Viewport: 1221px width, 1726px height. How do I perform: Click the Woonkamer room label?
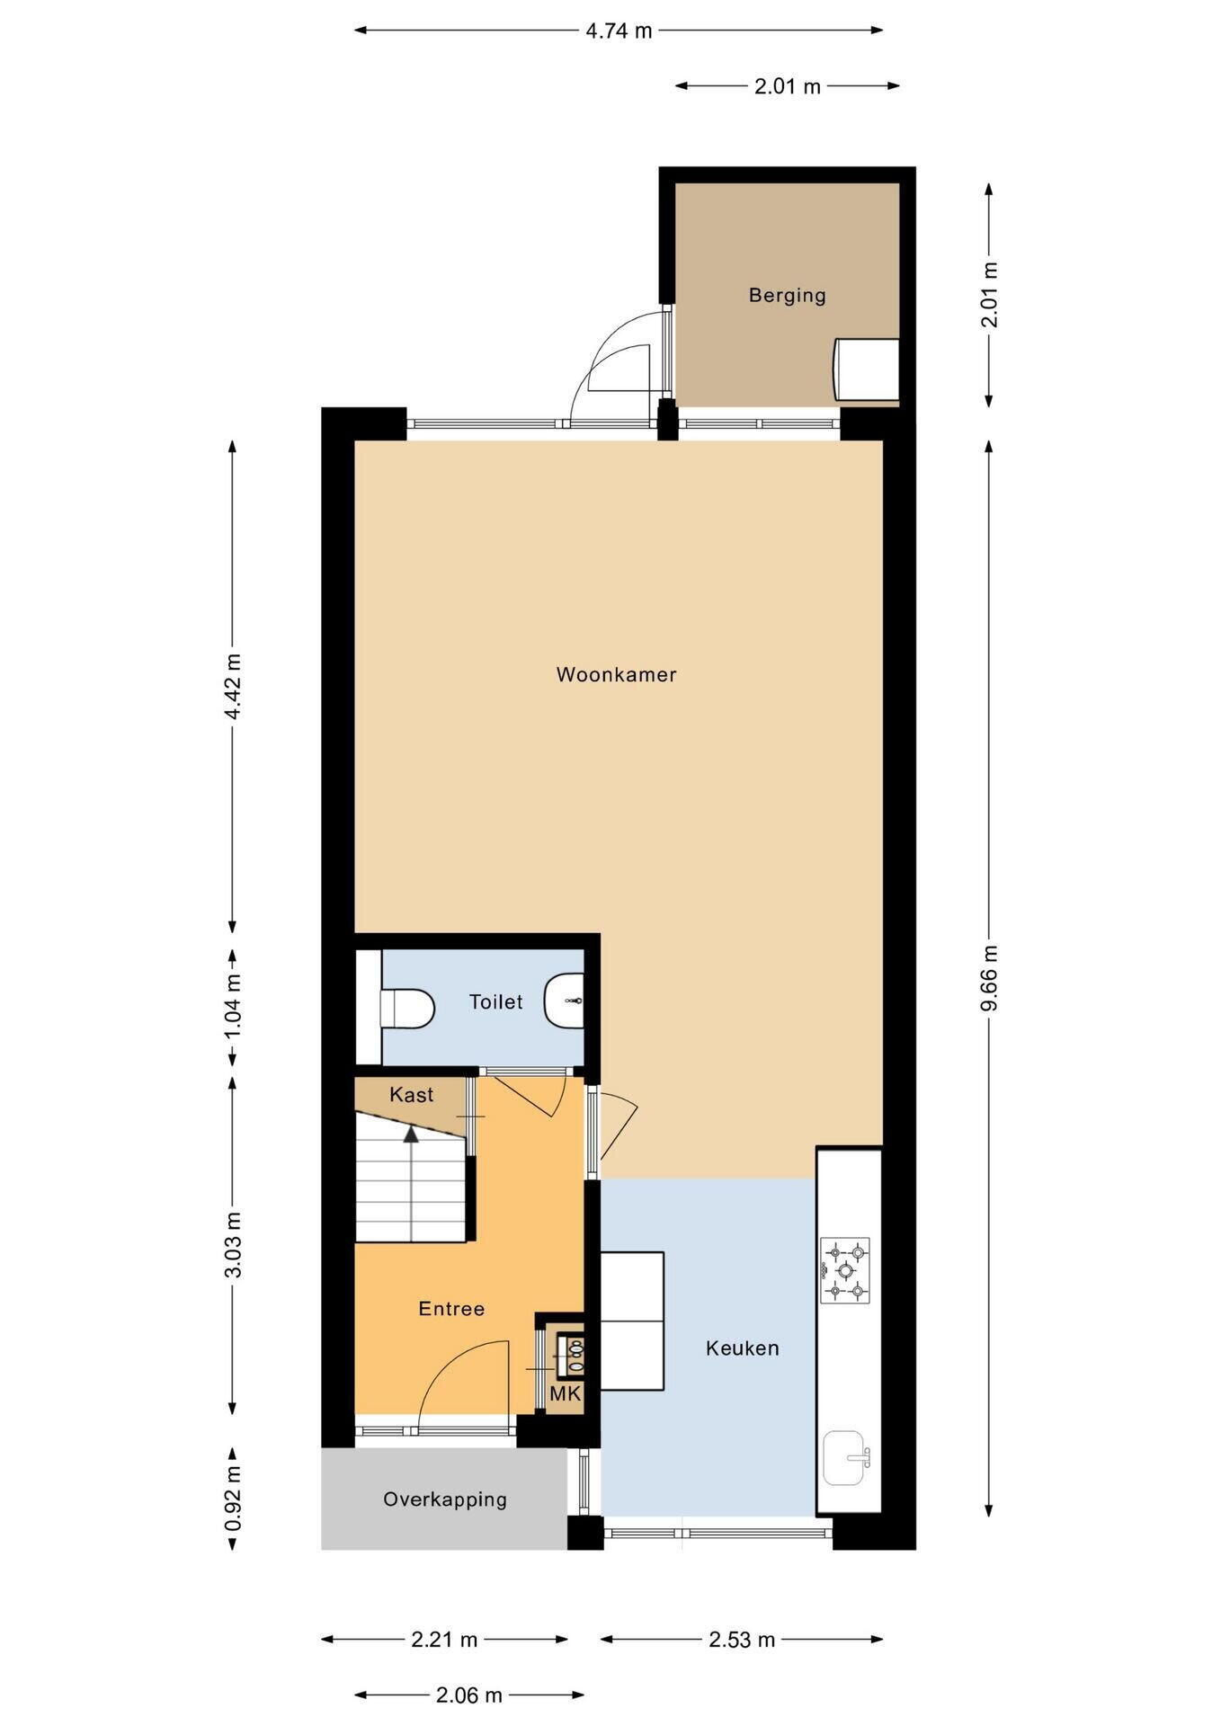point(616,674)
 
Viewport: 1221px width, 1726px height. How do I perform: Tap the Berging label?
point(787,295)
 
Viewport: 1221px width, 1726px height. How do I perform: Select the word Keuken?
point(742,1348)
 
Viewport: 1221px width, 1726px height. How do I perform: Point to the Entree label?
point(451,1308)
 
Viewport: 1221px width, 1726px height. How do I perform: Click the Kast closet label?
point(411,1094)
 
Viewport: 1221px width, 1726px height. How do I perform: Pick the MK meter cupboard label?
point(566,1393)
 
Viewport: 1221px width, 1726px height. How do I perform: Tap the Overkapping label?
point(445,1499)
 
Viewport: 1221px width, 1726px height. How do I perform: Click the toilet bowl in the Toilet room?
point(407,1008)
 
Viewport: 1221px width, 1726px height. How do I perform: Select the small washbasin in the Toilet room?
point(565,1000)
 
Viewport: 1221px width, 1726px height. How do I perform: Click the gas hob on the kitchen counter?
point(844,1270)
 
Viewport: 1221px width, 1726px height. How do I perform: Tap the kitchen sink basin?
point(845,1458)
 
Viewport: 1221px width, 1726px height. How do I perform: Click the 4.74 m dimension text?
point(619,31)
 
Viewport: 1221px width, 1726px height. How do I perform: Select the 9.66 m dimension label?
point(989,978)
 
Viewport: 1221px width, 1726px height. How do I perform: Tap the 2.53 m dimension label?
point(742,1640)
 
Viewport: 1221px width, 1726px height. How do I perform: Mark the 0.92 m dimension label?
point(233,1499)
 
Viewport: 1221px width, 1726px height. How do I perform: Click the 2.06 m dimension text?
point(469,1695)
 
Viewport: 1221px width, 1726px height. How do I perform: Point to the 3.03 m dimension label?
point(233,1245)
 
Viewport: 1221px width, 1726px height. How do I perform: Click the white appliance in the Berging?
point(866,369)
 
